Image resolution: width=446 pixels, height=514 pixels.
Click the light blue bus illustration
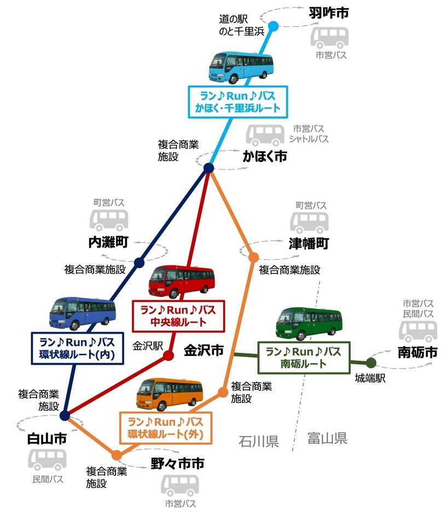point(241,67)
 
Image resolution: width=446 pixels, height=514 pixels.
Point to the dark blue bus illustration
point(83,313)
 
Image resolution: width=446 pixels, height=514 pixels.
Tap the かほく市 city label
point(265,157)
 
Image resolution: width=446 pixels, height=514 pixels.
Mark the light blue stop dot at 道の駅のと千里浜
point(274,25)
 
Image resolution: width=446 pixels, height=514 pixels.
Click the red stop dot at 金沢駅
point(169,355)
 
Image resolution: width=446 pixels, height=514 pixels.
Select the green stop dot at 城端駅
point(371,362)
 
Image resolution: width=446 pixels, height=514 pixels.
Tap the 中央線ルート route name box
point(178,316)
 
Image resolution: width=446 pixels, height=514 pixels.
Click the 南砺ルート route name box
point(303,357)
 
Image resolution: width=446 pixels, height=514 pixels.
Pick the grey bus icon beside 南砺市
point(418,331)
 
